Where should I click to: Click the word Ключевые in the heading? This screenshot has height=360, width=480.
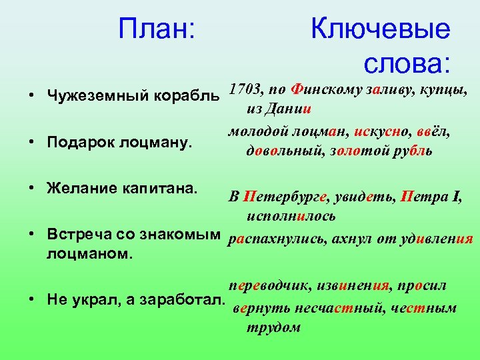380,29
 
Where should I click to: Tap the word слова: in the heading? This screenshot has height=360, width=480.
407,64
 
